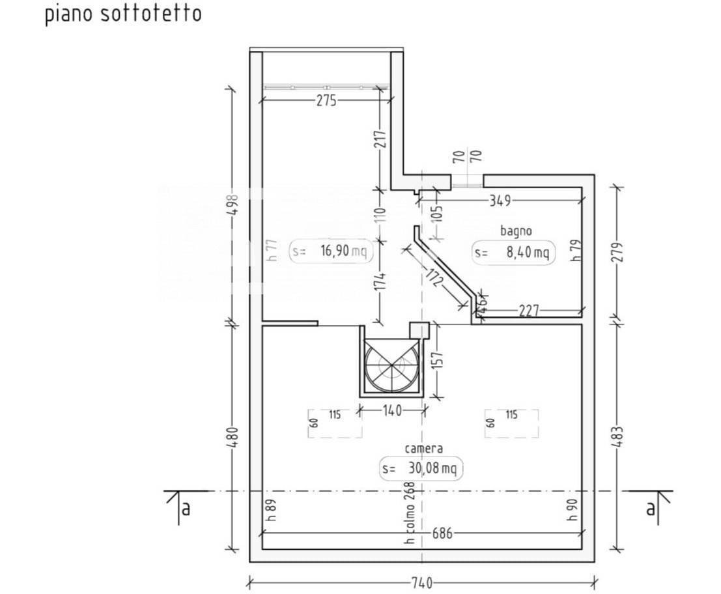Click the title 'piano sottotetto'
[123, 14]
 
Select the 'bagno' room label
[516, 231]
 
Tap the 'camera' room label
[423, 448]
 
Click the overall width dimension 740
[422, 583]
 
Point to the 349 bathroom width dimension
[500, 201]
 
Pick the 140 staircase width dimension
[393, 410]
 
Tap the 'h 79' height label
[575, 250]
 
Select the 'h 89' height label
[272, 510]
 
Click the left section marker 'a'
[185, 509]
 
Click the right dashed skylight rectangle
[511, 423]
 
